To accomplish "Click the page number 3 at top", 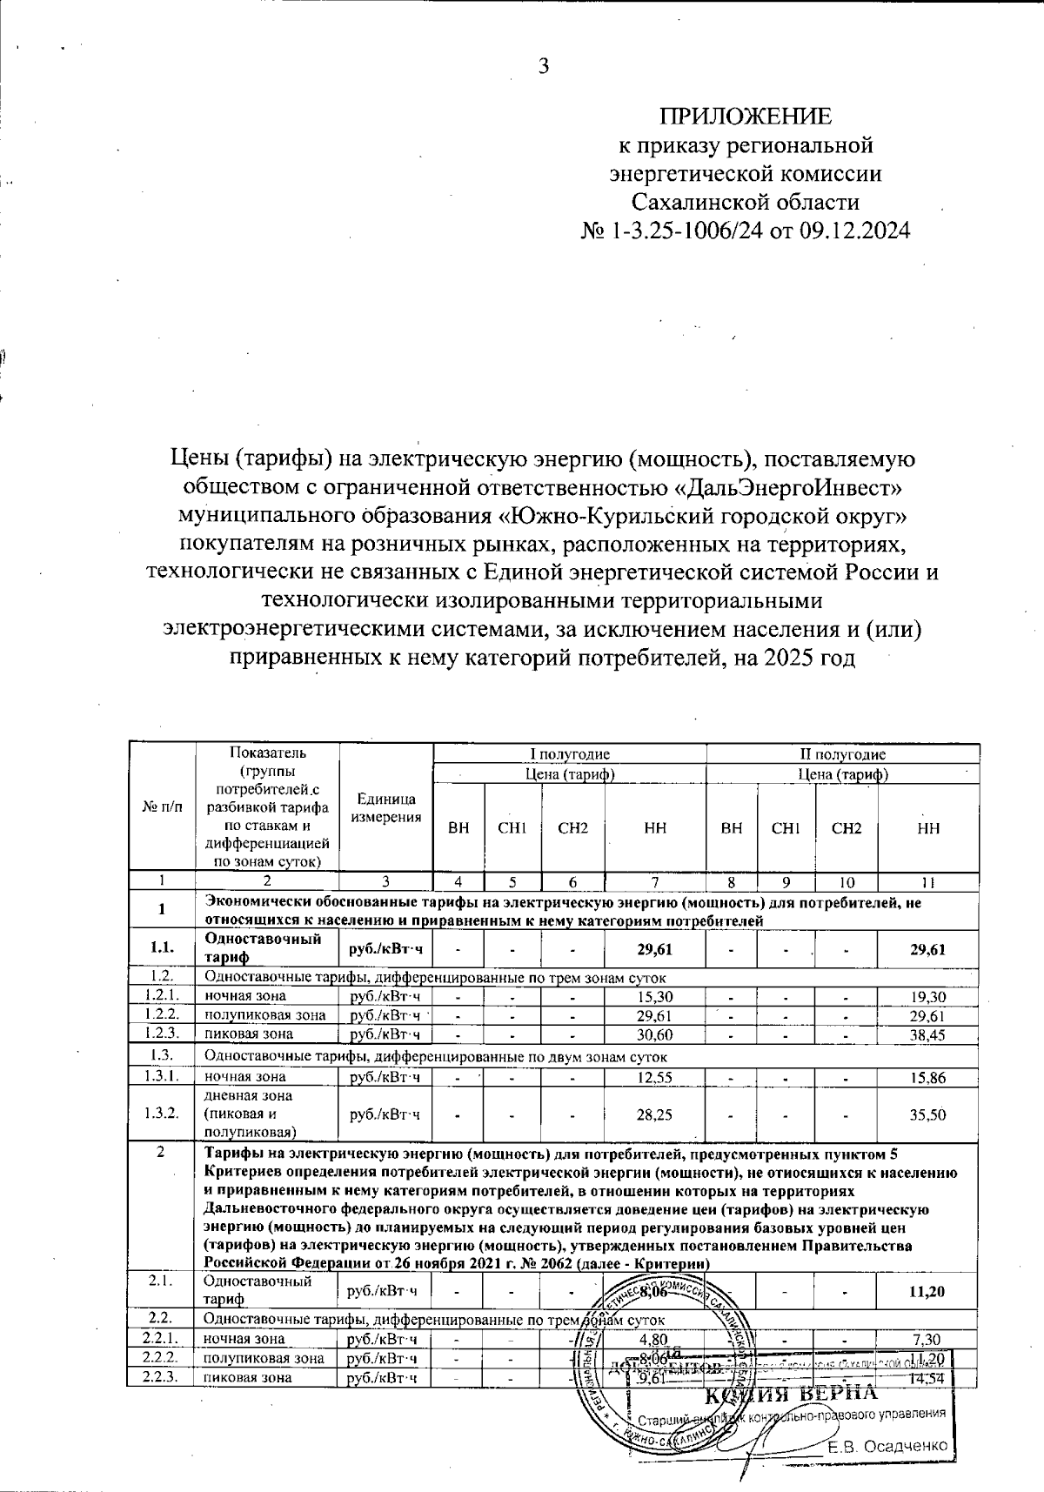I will tap(544, 67).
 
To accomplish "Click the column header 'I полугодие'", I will tap(570, 754).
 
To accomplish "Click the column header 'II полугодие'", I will tap(842, 754).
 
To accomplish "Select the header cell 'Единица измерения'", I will tap(385, 808).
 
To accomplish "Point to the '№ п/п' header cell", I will tap(163, 806).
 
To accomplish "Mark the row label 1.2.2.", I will tap(162, 1015).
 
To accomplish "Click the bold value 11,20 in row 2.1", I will tap(927, 1291).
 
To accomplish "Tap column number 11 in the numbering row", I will tap(928, 882).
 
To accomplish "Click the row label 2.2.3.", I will tap(161, 1377).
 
